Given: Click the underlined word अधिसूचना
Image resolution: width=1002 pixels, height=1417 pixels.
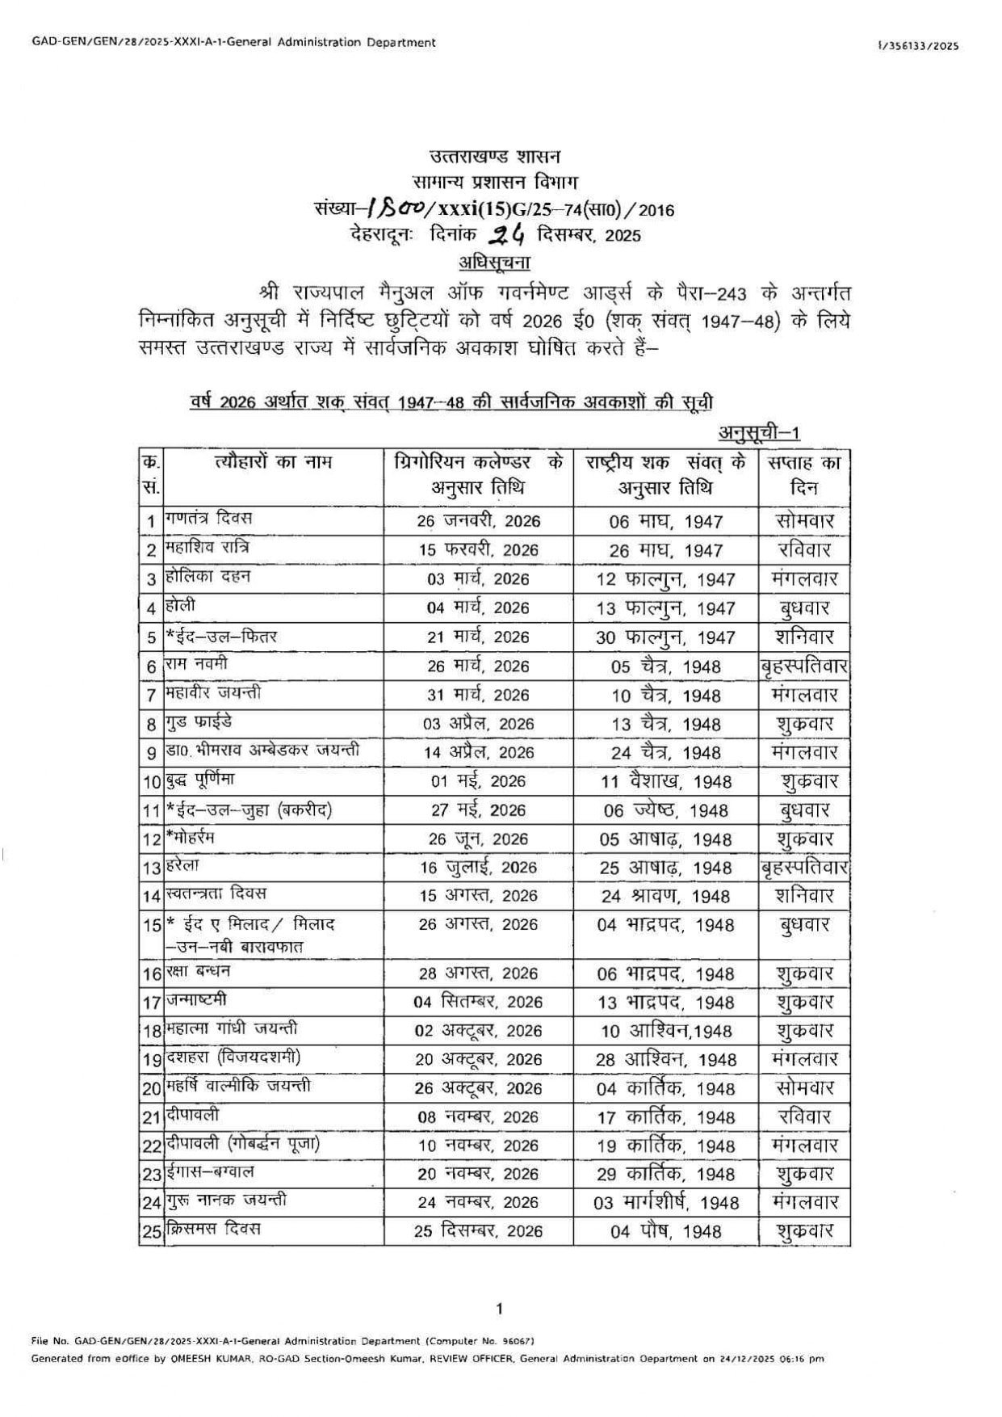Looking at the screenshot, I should tap(494, 262).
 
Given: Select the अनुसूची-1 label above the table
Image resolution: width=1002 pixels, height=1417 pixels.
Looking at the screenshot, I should tap(759, 434).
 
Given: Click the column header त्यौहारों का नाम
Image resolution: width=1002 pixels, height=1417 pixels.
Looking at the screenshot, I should tap(273, 463).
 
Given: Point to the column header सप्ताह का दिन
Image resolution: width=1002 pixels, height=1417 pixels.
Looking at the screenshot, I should tap(803, 475).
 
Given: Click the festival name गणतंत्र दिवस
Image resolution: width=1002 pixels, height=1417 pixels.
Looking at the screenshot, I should tap(209, 518).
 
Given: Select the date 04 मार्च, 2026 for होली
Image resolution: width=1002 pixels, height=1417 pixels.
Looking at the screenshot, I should tap(478, 608).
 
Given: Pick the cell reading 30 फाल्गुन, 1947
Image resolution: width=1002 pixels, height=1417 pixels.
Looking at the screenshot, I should tap(665, 637).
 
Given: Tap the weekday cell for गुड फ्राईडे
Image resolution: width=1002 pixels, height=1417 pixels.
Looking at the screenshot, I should tap(803, 724).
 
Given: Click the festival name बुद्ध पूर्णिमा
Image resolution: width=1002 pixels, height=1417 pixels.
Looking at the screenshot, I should tap(200, 780).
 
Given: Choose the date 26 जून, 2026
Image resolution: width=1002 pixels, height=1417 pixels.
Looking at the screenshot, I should tap(478, 839).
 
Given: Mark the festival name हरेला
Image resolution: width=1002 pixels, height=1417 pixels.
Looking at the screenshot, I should tap(182, 865).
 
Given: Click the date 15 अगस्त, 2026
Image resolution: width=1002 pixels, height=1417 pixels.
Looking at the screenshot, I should tap(478, 896).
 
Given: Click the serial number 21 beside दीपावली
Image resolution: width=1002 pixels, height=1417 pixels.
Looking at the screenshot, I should tap(152, 1117).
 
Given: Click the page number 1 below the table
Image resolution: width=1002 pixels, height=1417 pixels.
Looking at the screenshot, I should tap(500, 1309).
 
